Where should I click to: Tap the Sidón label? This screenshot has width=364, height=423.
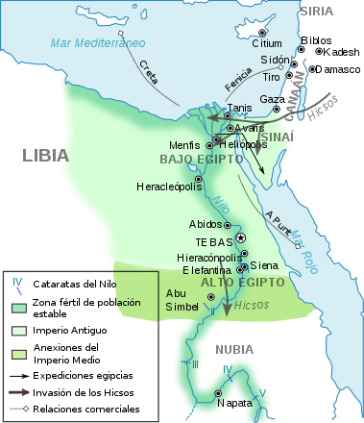click(x=274, y=60)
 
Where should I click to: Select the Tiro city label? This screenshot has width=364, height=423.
click(x=272, y=77)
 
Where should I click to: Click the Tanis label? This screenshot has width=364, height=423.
click(x=239, y=108)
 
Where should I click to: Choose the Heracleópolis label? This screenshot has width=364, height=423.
click(x=164, y=186)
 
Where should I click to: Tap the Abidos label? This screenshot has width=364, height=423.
click(x=206, y=224)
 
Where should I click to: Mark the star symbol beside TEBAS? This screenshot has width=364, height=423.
click(x=241, y=237)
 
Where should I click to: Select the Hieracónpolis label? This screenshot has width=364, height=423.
click(x=208, y=258)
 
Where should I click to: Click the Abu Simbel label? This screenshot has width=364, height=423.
click(x=182, y=299)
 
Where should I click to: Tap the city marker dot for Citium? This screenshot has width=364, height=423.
click(x=261, y=31)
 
